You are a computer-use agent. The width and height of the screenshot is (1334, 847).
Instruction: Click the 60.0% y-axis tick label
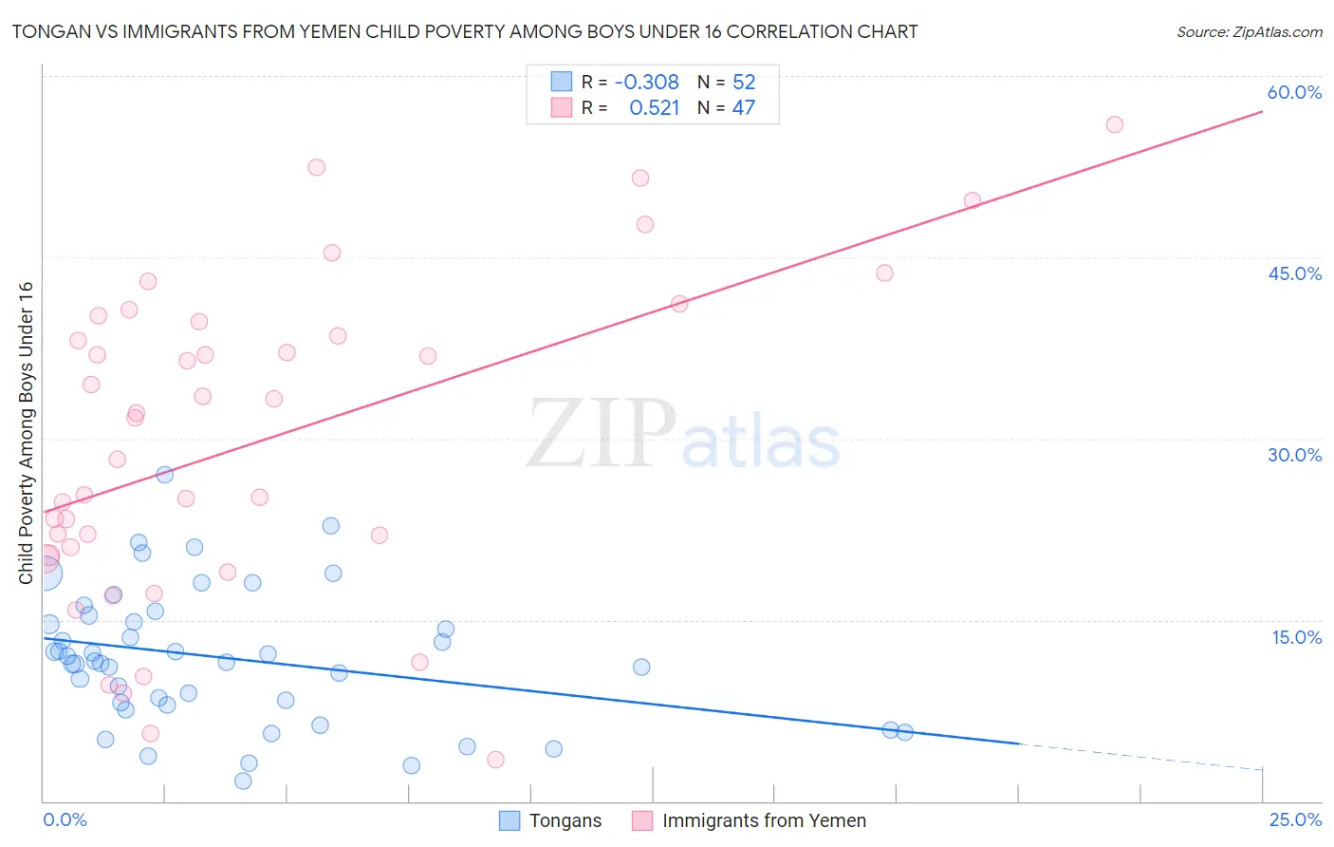pos(1294,92)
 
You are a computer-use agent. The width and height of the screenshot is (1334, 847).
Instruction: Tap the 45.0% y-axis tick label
pos(1294,273)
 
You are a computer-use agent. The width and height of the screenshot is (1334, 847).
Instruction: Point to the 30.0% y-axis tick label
pos(1294,455)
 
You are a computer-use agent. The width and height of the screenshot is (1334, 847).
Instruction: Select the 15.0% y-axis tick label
pos(1296,637)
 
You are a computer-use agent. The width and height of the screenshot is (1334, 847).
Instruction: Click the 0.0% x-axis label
pos(65,820)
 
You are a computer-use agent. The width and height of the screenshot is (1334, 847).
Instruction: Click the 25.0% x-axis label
pos(1295,820)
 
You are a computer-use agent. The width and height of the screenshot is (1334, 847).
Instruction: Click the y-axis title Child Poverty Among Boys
pos(26,433)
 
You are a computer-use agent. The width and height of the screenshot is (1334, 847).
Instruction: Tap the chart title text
pos(465,31)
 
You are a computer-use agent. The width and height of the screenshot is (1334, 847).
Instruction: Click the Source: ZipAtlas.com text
pos(1249,31)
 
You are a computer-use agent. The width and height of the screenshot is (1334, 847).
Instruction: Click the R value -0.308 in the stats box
pos(647,83)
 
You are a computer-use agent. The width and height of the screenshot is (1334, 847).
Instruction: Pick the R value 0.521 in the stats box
pos(655,108)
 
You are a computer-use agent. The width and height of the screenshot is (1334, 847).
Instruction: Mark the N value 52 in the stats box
pos(744,83)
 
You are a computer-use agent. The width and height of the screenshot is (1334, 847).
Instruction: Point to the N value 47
pos(744,108)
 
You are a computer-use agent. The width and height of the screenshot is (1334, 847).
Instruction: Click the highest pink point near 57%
pos(1114,125)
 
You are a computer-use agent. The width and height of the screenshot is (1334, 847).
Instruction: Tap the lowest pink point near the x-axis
pos(495,760)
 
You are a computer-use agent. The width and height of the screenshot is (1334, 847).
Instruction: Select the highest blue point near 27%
pos(164,475)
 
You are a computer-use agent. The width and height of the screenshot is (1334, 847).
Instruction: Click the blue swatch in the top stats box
pos(562,82)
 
